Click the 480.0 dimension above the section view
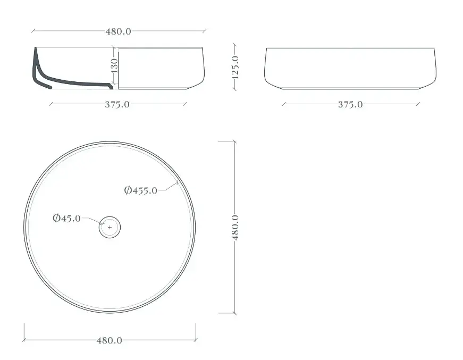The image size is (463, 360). coord(119,31)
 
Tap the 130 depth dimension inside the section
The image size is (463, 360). coord(114,65)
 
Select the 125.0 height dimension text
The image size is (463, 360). coord(235,68)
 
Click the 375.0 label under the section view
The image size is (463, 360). coord(117,105)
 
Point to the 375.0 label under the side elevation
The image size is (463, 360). coord(350,105)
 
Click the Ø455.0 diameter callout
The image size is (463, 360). coord(141,190)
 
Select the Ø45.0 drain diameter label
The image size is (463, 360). coord(67,218)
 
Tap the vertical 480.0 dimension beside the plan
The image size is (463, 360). coord(235,228)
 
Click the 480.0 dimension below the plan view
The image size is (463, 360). coord(110,340)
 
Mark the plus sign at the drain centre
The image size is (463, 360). coord(110,228)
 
